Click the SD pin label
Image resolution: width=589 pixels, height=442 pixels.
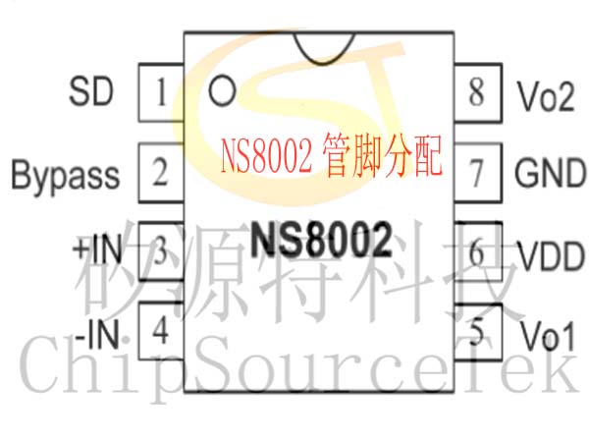click(x=91, y=91)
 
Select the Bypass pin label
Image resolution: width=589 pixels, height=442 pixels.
click(x=66, y=176)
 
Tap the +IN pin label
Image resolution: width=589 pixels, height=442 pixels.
click(x=97, y=249)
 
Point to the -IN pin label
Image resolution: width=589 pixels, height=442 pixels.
click(x=97, y=334)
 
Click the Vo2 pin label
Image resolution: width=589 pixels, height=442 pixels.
click(x=546, y=96)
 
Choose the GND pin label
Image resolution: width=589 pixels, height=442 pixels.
click(x=551, y=173)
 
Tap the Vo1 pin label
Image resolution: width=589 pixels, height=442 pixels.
click(x=548, y=336)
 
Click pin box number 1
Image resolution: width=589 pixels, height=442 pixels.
click(x=161, y=92)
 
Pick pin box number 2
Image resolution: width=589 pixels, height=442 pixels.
click(x=161, y=173)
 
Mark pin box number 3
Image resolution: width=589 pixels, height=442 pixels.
click(x=161, y=251)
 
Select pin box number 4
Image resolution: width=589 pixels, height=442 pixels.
click(x=161, y=332)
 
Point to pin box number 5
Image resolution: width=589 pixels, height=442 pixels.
click(x=478, y=332)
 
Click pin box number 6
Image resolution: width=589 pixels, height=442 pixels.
click(x=478, y=251)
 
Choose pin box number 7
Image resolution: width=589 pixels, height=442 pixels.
click(x=478, y=173)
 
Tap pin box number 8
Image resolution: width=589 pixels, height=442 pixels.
click(x=478, y=93)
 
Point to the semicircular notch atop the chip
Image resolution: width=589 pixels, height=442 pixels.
click(x=323, y=63)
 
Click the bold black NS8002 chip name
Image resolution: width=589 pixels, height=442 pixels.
click(x=321, y=240)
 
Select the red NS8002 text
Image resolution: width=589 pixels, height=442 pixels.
click(x=266, y=155)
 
